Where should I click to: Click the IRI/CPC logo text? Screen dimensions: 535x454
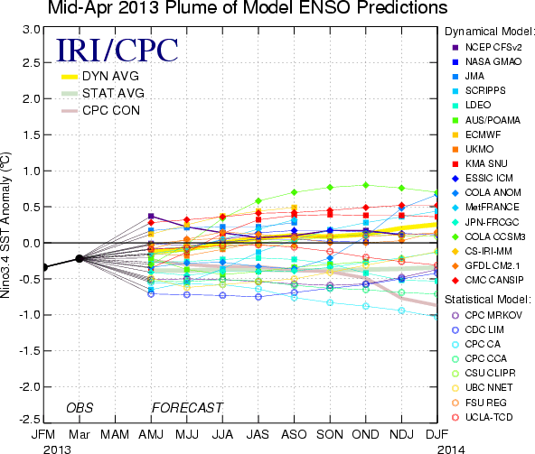coord(117,51)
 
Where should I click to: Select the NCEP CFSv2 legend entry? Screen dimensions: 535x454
coord(487,47)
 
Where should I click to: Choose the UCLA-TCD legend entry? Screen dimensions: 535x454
coord(482,417)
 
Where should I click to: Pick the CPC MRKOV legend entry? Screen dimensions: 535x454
coord(487,315)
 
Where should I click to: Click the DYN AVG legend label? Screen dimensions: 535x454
coord(110,76)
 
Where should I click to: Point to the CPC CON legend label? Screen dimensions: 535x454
coord(111,110)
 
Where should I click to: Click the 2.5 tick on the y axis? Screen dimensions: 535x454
coord(32,62)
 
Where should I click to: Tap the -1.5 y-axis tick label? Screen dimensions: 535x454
coord(30,351)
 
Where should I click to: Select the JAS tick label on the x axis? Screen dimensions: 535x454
coord(258,434)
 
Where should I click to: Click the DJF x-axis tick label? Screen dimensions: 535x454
coord(437,434)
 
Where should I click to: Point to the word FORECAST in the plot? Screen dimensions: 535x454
coord(187,408)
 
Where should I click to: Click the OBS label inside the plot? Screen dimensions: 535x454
coord(80,408)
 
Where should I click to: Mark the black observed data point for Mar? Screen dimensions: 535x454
coord(80,259)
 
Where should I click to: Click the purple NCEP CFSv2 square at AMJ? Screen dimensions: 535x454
coord(151,216)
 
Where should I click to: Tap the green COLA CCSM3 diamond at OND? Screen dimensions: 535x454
coord(366,185)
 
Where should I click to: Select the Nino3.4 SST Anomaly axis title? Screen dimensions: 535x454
coord(5,225)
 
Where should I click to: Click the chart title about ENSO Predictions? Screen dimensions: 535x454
coord(248,7)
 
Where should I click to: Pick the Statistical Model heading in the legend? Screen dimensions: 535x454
coord(488,300)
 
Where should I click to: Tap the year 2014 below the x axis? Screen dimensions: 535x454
coord(451,449)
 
